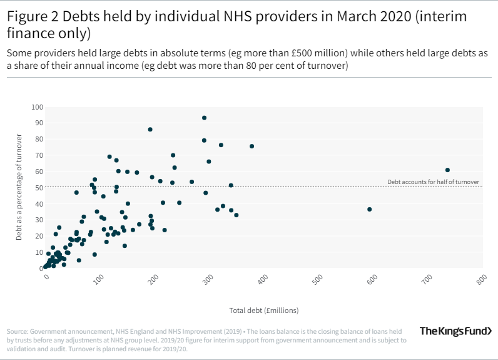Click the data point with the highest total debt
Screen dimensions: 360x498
(x=447, y=170)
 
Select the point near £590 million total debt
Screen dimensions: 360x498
(x=369, y=209)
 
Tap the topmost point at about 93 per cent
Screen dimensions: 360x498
(x=204, y=118)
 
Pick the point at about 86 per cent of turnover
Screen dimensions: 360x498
(x=150, y=130)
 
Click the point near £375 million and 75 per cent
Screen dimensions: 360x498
(x=252, y=147)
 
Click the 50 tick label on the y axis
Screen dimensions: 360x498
(x=39, y=188)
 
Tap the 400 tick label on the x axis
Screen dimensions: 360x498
(x=265, y=277)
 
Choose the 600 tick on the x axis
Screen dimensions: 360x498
(x=373, y=277)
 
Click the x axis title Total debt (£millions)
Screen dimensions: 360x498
(x=264, y=310)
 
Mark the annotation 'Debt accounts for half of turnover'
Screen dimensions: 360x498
(x=433, y=182)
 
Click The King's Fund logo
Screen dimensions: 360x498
(x=454, y=331)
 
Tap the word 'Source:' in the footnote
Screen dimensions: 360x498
(x=17, y=331)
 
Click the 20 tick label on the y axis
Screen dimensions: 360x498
(x=39, y=236)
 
